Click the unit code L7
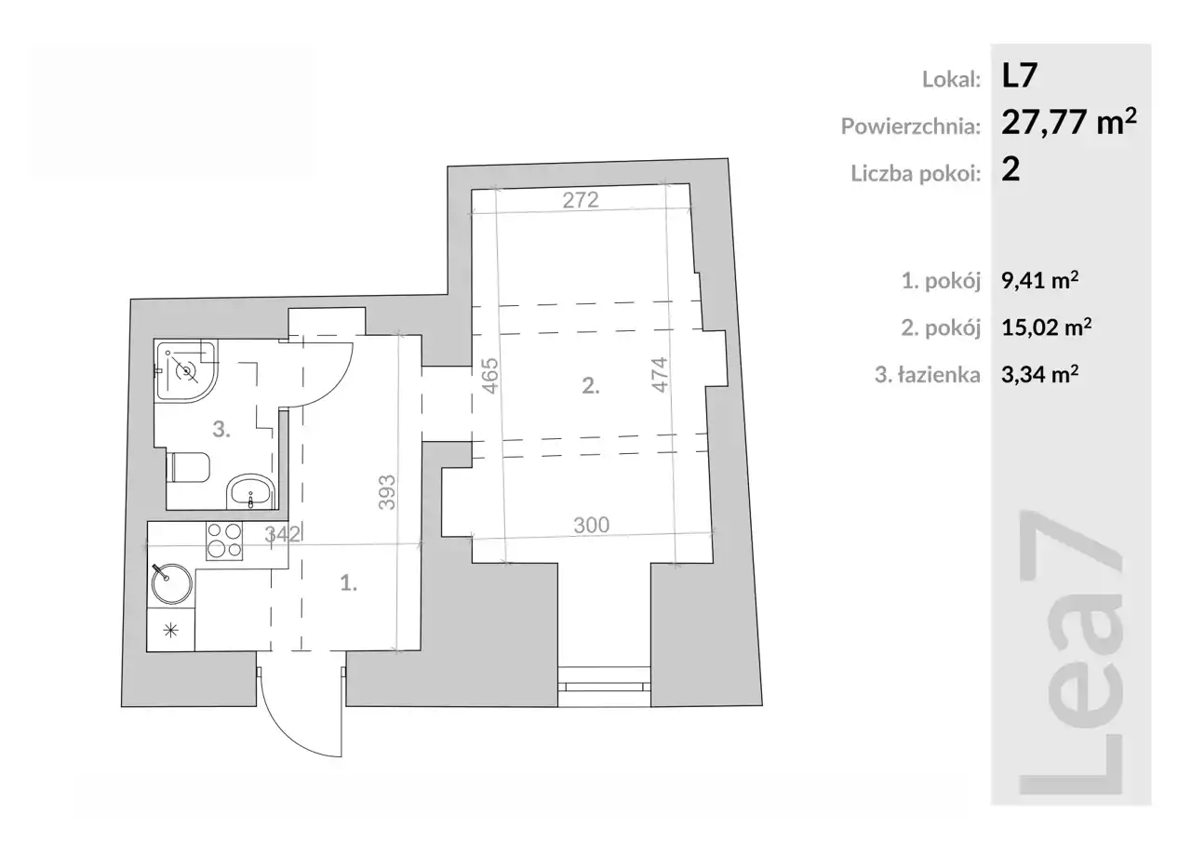1019,76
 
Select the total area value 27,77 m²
1069,122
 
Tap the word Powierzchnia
909,126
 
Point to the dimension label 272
581,200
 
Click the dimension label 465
490,376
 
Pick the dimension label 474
660,375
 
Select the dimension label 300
591,525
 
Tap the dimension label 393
387,492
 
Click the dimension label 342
282,534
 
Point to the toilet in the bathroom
188,467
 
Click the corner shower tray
185,370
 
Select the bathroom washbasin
250,491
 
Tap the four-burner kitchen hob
224,541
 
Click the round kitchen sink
171,583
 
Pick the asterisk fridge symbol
170,631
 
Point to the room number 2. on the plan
591,385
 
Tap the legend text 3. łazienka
928,375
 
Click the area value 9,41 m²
1040,280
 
